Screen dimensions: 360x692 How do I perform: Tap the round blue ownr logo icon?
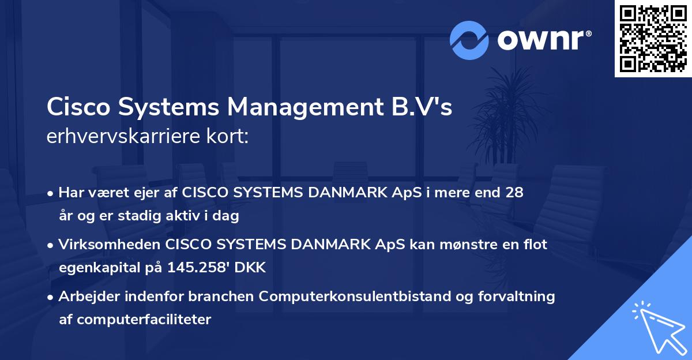click(x=469, y=40)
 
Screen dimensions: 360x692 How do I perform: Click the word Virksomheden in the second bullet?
click(x=110, y=245)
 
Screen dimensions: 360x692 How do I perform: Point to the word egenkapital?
click(x=95, y=268)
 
